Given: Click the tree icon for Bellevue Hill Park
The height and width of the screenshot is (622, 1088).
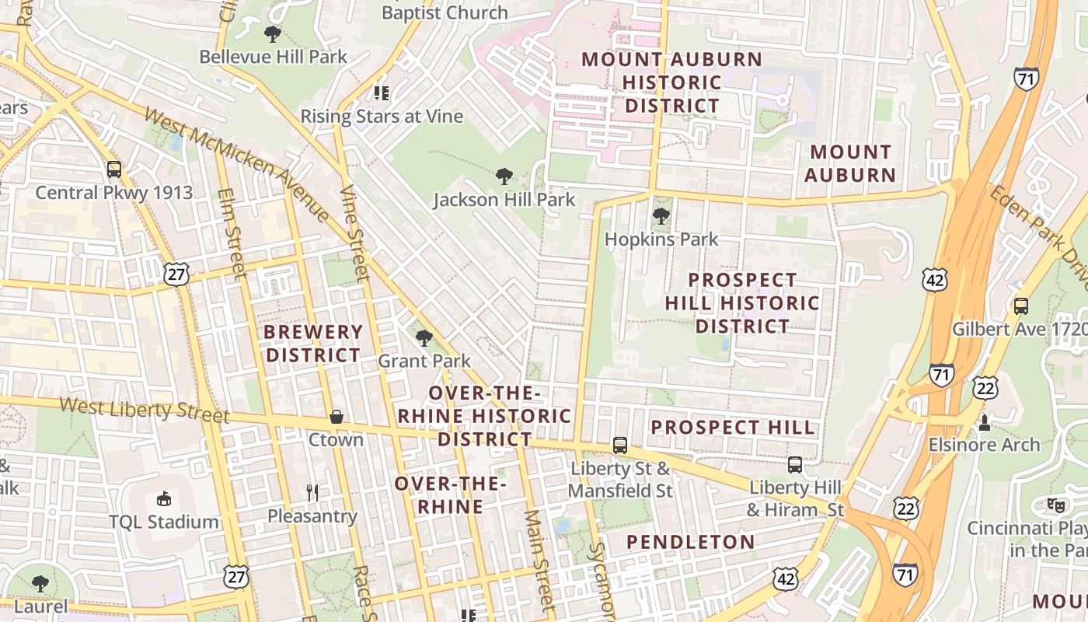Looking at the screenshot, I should pyautogui.click(x=272, y=33).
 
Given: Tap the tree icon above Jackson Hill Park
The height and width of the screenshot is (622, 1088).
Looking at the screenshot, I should pyautogui.click(x=504, y=176).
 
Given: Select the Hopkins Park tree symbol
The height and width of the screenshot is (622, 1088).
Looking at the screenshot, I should pyautogui.click(x=661, y=215).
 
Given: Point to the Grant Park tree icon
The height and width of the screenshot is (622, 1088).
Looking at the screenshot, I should pyautogui.click(x=424, y=337).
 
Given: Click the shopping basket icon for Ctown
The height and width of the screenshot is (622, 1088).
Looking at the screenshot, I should pyautogui.click(x=336, y=417).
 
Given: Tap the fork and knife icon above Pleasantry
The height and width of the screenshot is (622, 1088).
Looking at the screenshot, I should pyautogui.click(x=312, y=492).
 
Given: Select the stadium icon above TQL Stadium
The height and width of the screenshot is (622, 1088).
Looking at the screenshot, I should pyautogui.click(x=164, y=498).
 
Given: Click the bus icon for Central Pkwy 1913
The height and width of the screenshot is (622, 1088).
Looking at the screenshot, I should pyautogui.click(x=114, y=169).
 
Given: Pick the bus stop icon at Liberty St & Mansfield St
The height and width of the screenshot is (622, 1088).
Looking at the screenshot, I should pyautogui.click(x=619, y=446).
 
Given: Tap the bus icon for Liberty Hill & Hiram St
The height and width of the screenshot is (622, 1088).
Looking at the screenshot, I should pyautogui.click(x=795, y=465).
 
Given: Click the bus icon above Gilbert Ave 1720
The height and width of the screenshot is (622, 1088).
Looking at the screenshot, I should pyautogui.click(x=1021, y=306).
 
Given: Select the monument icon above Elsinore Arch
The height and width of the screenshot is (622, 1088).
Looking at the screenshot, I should pyautogui.click(x=984, y=422).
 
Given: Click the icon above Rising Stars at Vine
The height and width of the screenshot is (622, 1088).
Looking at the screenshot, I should pyautogui.click(x=381, y=93).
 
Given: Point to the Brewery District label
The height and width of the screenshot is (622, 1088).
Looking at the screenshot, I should pyautogui.click(x=313, y=344).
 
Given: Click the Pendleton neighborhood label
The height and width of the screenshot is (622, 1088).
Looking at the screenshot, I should pyautogui.click(x=690, y=542).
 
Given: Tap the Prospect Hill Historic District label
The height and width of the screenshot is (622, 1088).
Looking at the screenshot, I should pyautogui.click(x=742, y=302).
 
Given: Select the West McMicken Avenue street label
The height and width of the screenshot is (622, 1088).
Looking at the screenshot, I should pyautogui.click(x=237, y=163).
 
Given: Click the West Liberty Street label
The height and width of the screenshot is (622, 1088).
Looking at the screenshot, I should pyautogui.click(x=145, y=410).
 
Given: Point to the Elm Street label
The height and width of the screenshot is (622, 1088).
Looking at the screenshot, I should pyautogui.click(x=231, y=233).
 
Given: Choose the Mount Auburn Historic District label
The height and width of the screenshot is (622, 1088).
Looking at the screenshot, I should pyautogui.click(x=672, y=82).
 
